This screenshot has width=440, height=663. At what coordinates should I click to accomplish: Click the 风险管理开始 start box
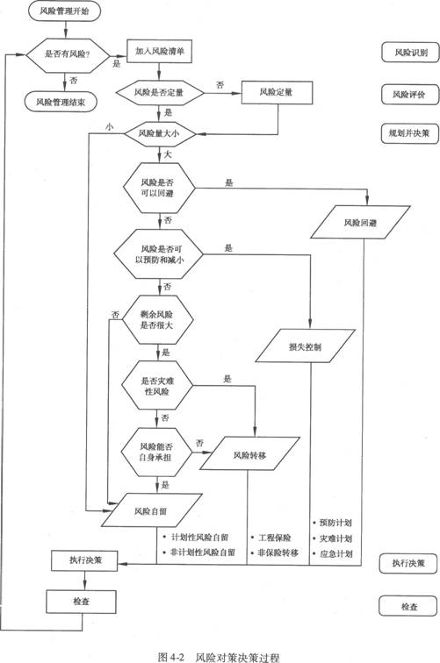(x=64, y=11)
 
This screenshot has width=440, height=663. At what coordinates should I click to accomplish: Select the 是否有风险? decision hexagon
(x=68, y=54)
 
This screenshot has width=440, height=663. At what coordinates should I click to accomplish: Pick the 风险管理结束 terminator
(x=61, y=102)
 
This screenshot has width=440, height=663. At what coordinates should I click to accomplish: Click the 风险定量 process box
(x=277, y=92)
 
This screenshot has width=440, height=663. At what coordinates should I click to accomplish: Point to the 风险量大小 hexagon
(x=159, y=133)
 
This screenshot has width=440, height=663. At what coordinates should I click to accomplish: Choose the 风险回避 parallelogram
(x=360, y=223)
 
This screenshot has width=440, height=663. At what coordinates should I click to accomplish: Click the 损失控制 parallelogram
(x=305, y=346)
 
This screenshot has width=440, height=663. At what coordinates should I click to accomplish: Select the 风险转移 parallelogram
(x=249, y=454)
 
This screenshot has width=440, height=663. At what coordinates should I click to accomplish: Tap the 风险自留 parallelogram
(x=151, y=510)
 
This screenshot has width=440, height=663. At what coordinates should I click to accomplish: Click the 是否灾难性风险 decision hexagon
(x=157, y=386)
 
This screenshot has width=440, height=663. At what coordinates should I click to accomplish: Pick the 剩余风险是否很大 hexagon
(x=157, y=319)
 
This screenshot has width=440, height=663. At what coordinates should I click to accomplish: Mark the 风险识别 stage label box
(x=410, y=53)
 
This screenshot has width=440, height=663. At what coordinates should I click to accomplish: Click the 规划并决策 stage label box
(x=409, y=132)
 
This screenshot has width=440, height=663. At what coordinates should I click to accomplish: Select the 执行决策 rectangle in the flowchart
(x=84, y=560)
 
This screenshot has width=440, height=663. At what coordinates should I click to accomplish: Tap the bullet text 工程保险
(x=274, y=538)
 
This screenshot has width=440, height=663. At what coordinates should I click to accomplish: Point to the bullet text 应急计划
(x=335, y=553)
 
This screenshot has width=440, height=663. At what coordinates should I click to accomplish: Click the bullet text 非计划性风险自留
(x=203, y=552)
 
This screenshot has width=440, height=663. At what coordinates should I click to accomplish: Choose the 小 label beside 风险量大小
(x=110, y=126)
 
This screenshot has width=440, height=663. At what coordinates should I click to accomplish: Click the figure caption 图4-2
(x=171, y=657)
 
